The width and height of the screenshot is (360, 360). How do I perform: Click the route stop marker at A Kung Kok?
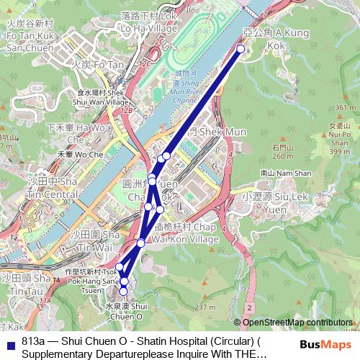240,49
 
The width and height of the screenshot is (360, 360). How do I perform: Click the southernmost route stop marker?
124,291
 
